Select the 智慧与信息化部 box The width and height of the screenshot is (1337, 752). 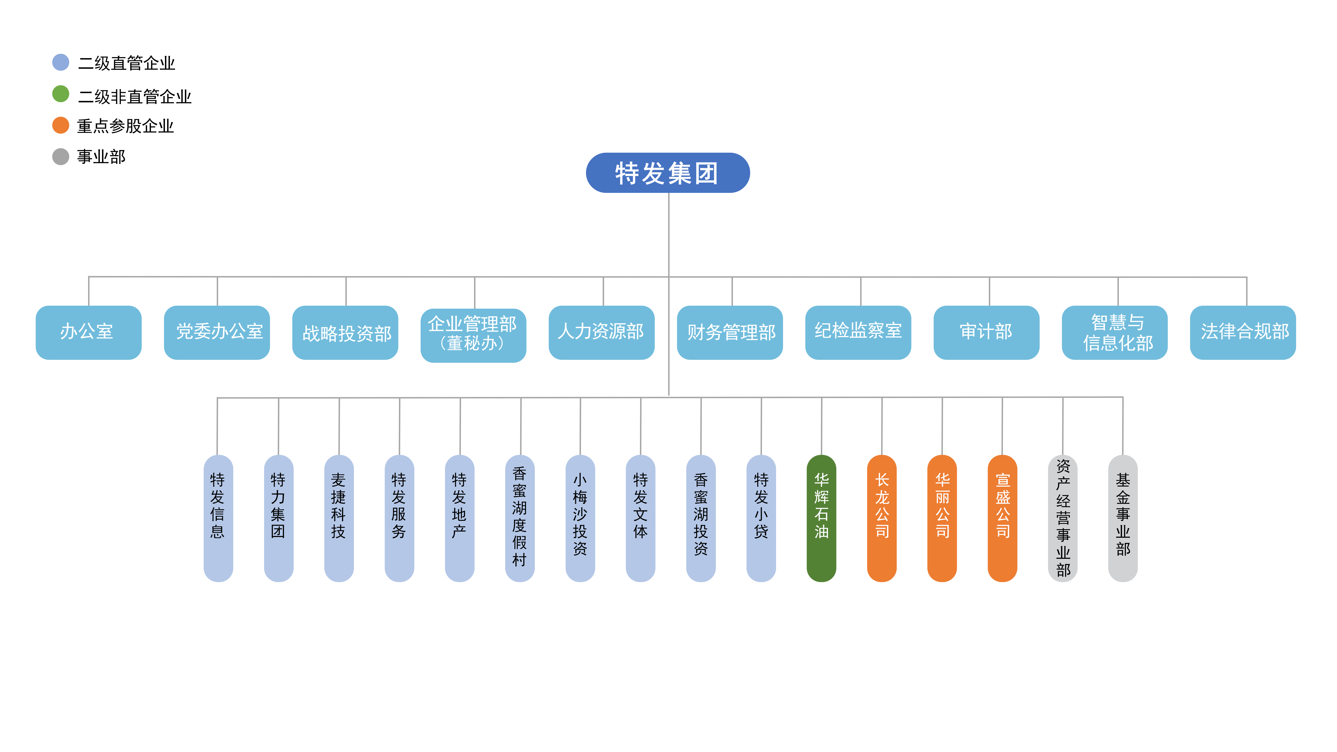1115,332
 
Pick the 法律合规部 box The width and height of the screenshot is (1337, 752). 1243,332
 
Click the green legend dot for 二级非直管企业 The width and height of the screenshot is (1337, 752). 61,94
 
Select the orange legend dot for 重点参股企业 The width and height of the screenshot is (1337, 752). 61,125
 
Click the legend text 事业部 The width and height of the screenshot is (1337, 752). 101,157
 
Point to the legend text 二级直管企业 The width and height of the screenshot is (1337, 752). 127,63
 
